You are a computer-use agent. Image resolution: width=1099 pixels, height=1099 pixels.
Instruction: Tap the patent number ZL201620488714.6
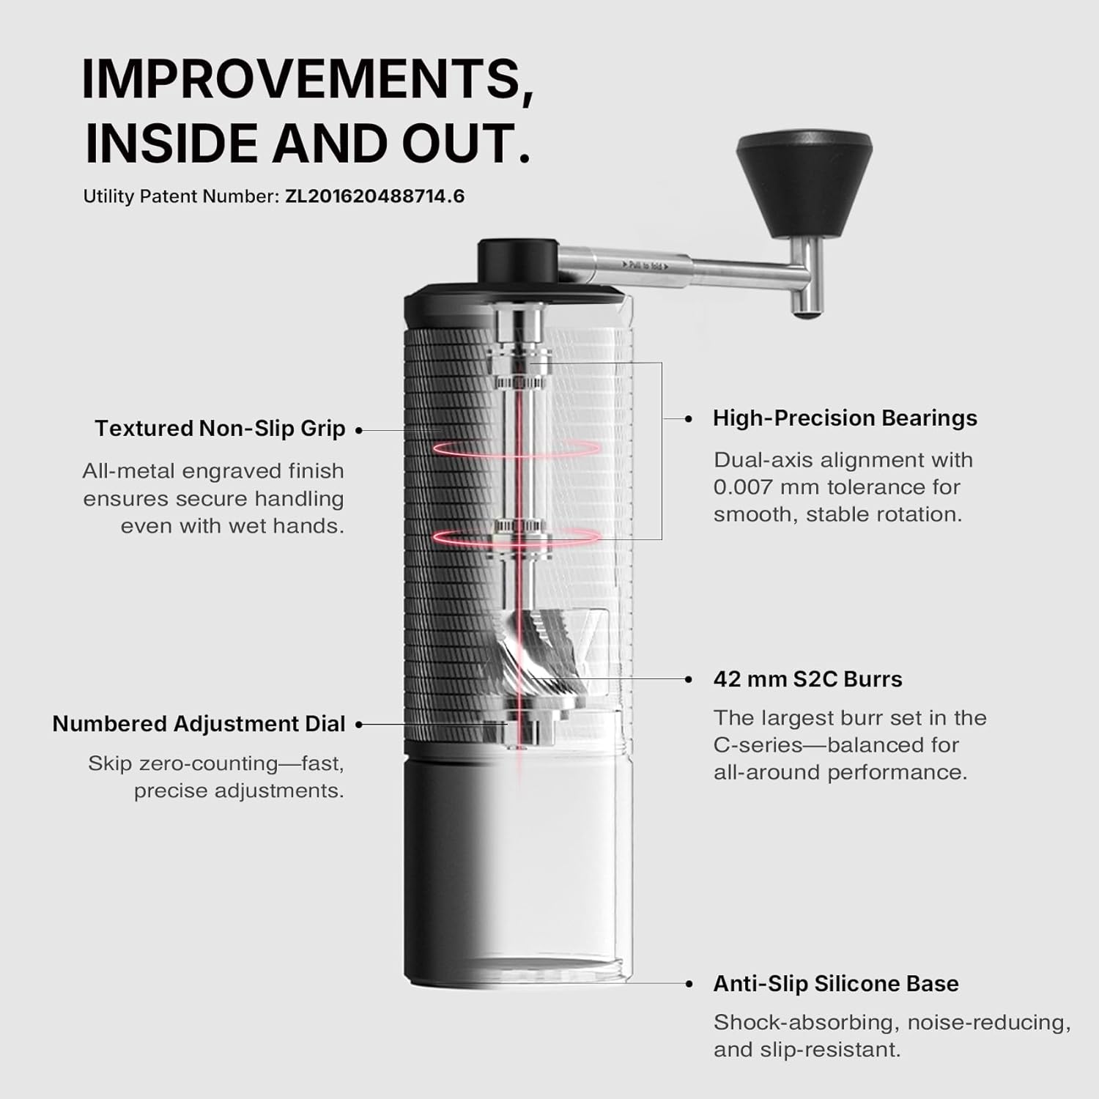[x=374, y=196]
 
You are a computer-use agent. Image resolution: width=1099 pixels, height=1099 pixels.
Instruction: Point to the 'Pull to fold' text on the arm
[x=645, y=265]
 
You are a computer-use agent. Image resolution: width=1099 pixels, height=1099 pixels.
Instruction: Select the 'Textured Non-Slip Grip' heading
[x=220, y=429]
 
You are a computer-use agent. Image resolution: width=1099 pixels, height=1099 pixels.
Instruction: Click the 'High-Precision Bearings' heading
[x=845, y=418]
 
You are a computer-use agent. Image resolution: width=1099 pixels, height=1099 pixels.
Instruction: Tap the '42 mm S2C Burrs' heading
[x=807, y=679]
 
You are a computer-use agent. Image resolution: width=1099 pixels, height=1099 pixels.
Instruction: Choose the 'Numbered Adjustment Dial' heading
[x=199, y=724]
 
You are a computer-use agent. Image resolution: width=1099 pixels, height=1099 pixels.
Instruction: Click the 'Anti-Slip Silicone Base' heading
[x=836, y=983]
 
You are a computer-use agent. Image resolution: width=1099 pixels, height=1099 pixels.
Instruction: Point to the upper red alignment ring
[x=517, y=448]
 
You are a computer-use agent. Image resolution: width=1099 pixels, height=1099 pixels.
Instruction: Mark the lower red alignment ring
[x=517, y=537]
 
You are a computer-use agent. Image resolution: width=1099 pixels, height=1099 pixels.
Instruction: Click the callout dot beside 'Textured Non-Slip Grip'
[x=359, y=430]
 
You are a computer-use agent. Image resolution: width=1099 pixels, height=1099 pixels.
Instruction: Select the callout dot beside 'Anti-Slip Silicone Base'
[x=689, y=984]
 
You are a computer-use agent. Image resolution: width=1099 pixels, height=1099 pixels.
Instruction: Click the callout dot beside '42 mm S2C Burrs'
[x=689, y=679]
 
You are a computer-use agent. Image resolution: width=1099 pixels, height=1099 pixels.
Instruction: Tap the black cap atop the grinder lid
[x=517, y=259]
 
